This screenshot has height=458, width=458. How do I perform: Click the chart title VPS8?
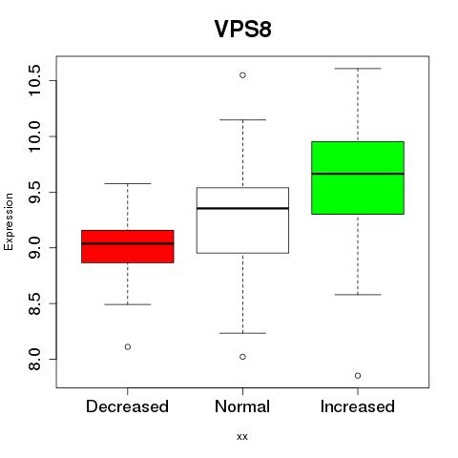click(x=242, y=29)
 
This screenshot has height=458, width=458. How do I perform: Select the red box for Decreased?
click(x=128, y=246)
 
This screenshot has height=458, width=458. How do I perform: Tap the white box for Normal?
click(x=242, y=220)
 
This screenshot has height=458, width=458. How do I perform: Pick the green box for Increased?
click(x=358, y=177)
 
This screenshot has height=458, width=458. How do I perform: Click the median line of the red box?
click(x=128, y=243)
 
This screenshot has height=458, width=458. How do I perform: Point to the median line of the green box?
click(x=358, y=174)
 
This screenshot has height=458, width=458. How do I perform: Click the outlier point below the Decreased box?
click(x=128, y=346)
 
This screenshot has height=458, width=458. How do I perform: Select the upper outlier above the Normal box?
click(x=242, y=75)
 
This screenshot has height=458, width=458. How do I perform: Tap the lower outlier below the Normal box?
click(x=242, y=357)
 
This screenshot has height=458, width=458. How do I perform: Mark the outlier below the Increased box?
click(x=358, y=376)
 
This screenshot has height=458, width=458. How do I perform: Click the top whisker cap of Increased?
click(x=358, y=69)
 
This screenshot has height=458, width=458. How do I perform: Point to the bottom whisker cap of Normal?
click(x=242, y=333)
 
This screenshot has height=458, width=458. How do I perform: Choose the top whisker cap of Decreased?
click(x=128, y=183)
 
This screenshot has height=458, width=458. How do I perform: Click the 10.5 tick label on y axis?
click(x=34, y=80)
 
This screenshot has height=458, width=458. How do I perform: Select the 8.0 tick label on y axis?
click(x=34, y=360)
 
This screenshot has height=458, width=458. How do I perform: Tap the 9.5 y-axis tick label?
click(x=34, y=192)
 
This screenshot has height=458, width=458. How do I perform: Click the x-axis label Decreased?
click(x=127, y=406)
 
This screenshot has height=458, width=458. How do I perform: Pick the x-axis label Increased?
click(x=358, y=406)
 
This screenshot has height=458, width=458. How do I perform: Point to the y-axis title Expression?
click(x=9, y=221)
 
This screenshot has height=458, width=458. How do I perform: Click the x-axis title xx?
click(x=242, y=437)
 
